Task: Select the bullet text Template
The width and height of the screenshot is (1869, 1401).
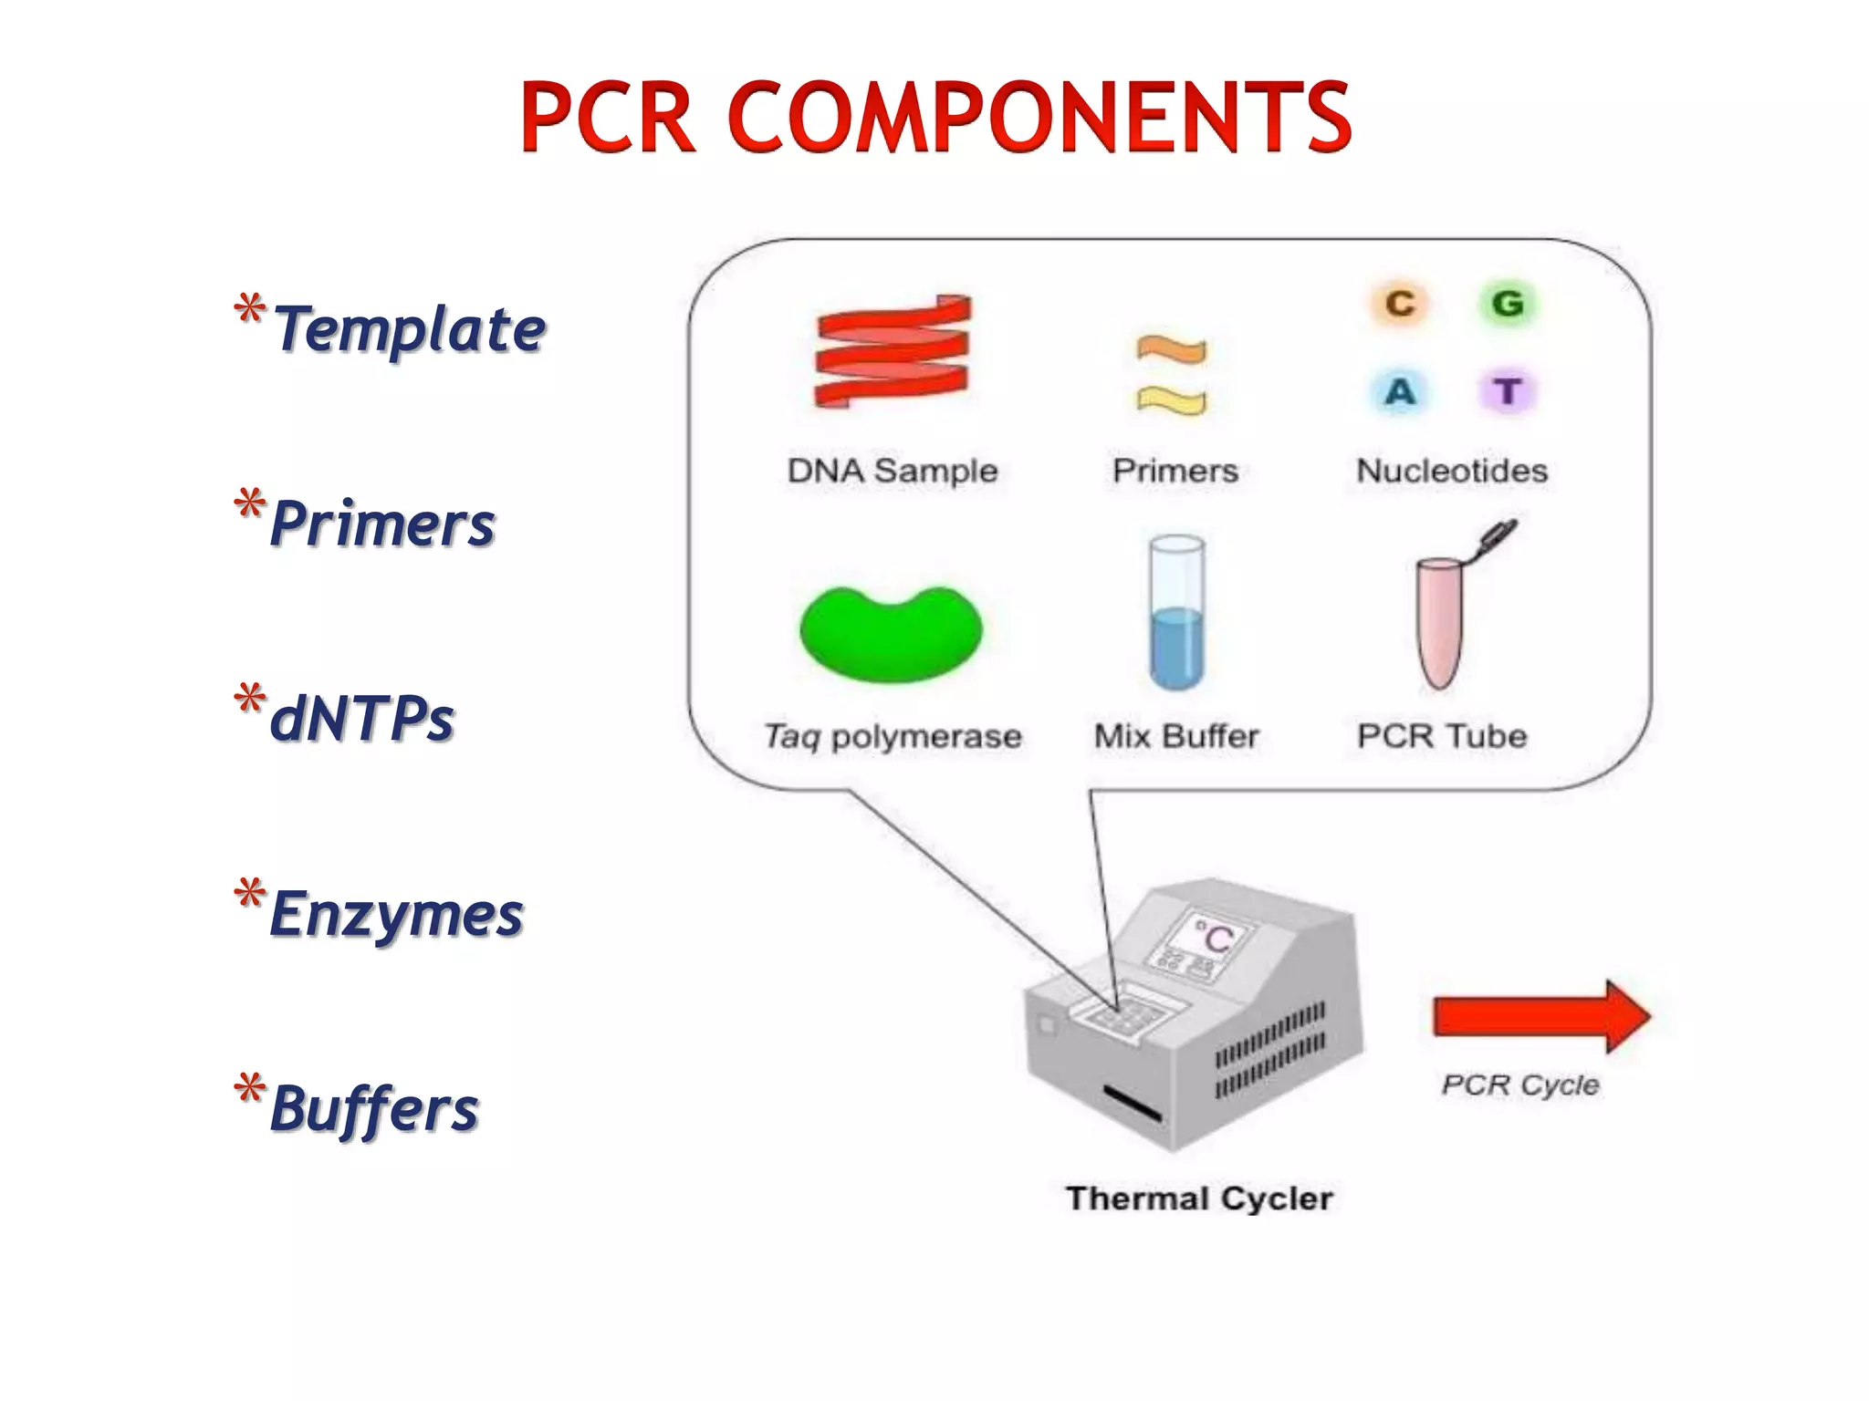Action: (409, 329)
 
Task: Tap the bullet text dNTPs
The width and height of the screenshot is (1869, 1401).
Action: (362, 719)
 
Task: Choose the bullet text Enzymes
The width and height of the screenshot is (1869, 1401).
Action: (397, 914)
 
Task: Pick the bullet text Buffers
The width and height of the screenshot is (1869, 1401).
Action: (374, 1109)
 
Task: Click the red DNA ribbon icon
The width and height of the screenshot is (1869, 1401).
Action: (892, 351)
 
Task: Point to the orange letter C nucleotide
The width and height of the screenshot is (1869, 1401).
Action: (1400, 304)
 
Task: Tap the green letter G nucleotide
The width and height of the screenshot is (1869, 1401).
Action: (1508, 304)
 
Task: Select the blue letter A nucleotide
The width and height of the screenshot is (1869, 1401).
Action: (1400, 392)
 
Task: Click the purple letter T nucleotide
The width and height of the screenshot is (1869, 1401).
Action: (1508, 392)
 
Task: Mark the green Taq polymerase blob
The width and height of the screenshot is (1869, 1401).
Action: (891, 633)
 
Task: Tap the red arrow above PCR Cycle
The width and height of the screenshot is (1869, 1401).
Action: (1541, 1016)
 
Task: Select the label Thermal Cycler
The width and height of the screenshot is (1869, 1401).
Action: (1199, 1199)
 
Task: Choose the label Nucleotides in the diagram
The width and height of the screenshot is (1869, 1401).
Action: (1452, 471)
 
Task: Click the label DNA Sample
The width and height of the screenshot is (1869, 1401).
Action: (893, 471)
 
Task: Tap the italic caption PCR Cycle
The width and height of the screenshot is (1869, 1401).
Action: (1520, 1084)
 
